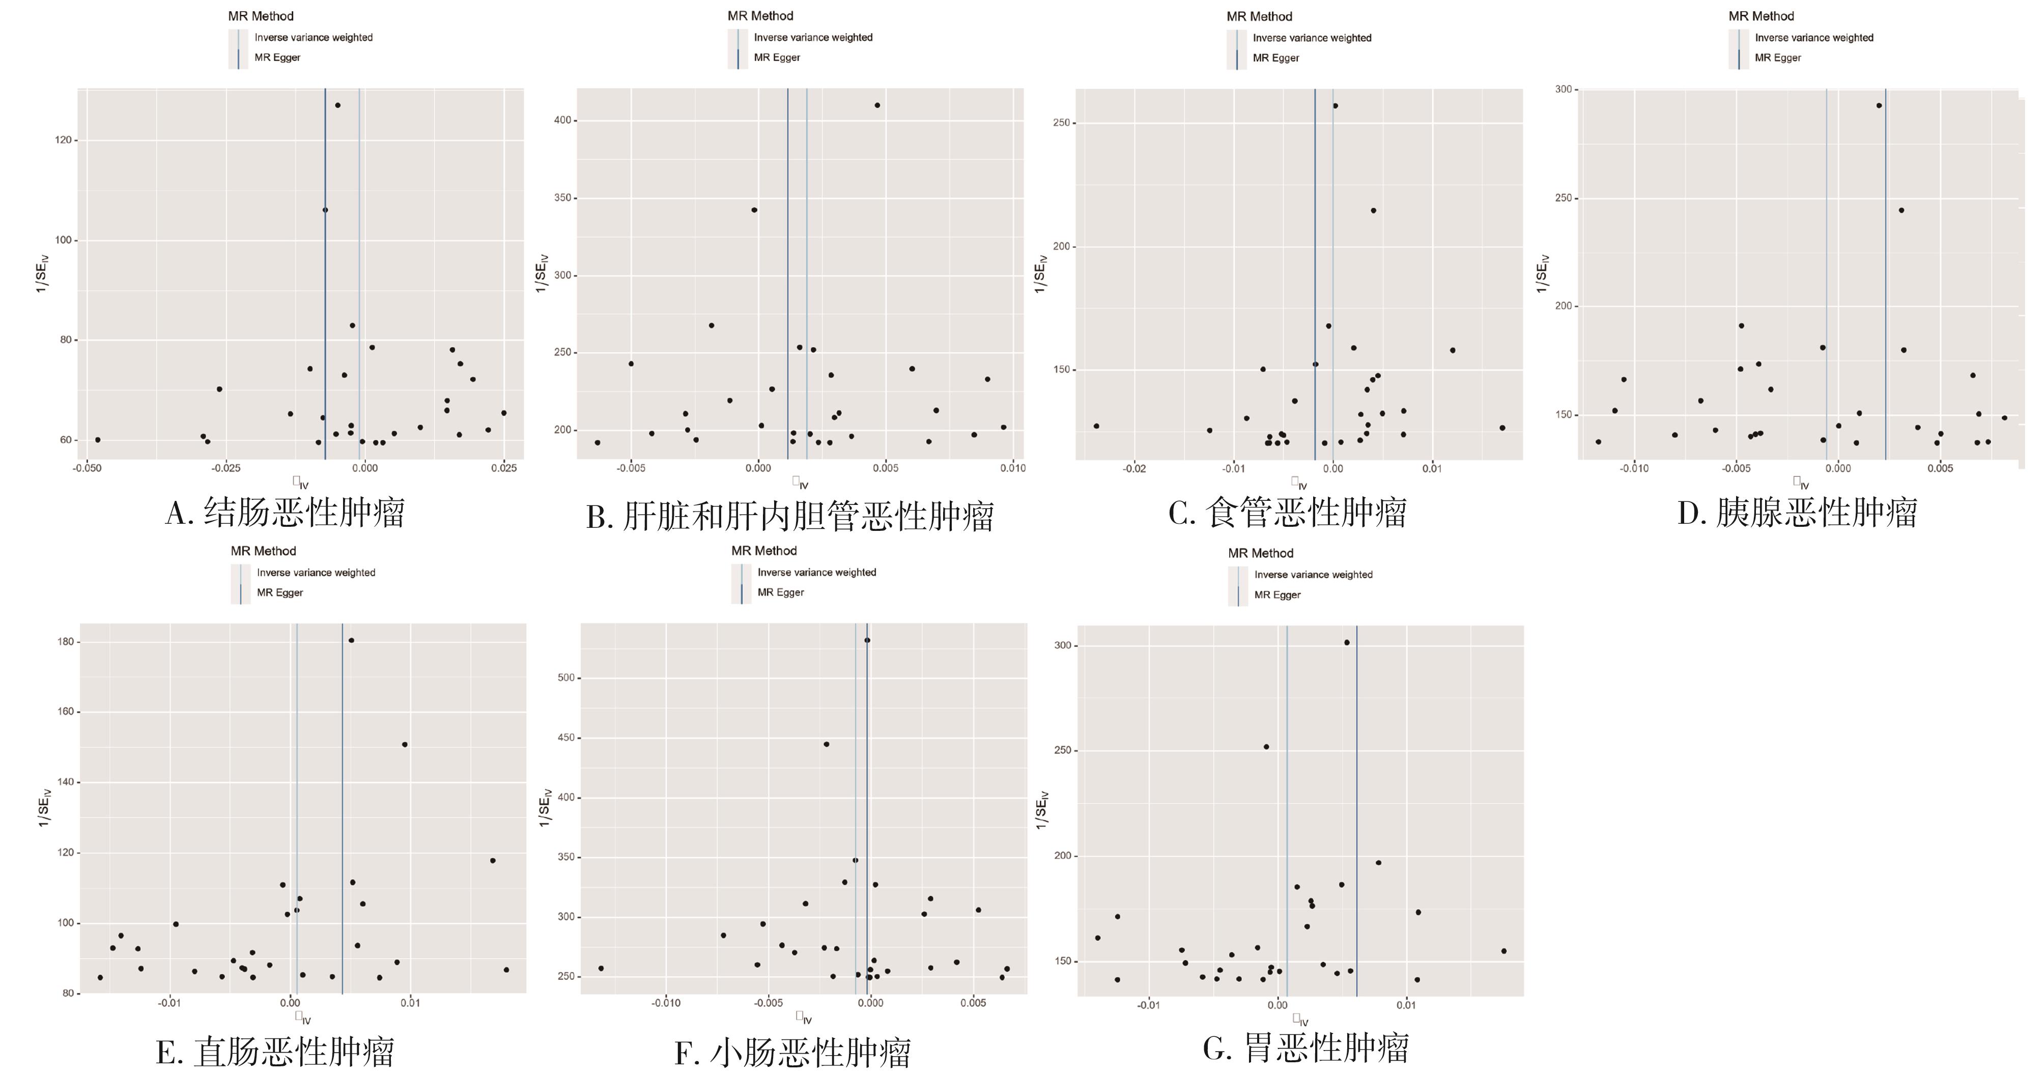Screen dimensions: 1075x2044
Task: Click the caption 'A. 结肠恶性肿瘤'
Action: [285, 513]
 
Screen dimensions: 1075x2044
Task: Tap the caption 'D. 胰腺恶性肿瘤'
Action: [1797, 513]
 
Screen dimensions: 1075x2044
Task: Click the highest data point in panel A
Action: [337, 105]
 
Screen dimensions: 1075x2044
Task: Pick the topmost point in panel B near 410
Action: [877, 105]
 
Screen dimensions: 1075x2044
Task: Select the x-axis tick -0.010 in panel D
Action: [1634, 468]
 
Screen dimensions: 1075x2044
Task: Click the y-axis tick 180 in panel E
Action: [66, 642]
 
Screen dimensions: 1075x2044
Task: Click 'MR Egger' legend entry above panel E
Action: [279, 592]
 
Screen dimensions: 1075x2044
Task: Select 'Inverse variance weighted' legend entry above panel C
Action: [1312, 38]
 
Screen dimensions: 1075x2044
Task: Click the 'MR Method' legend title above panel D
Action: [1761, 16]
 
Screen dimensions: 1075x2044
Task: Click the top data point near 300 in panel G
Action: [1347, 643]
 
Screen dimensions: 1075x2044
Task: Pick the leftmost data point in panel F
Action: [601, 968]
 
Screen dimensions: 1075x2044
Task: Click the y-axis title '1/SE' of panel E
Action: [44, 808]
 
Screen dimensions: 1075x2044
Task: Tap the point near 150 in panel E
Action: [405, 744]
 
